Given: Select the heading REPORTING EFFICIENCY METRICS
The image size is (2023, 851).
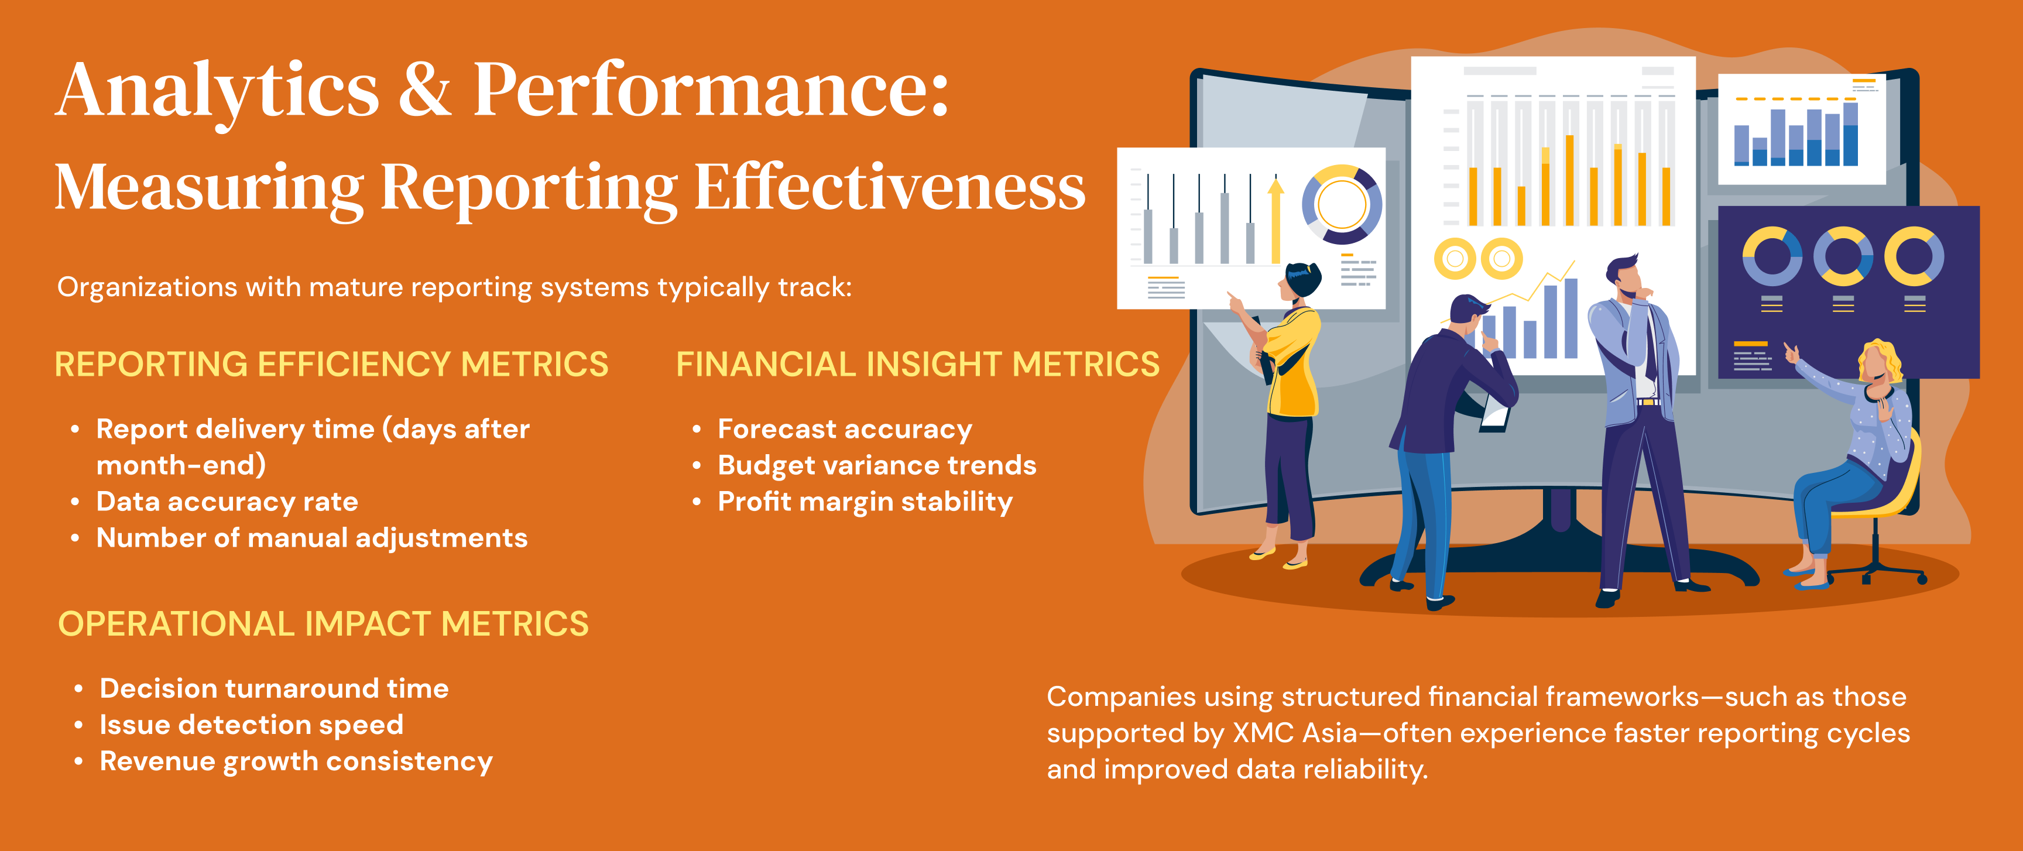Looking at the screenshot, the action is (331, 364).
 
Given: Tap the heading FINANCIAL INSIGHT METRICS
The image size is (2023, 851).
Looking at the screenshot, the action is (918, 364).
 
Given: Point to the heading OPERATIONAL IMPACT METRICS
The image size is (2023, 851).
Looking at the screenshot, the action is (324, 624).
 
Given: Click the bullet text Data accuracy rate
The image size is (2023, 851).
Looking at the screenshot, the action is (227, 502).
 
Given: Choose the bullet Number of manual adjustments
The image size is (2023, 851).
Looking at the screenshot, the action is (312, 538).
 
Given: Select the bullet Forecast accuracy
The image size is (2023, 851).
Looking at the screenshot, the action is (845, 430).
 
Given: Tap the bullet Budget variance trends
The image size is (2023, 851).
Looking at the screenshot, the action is (877, 465).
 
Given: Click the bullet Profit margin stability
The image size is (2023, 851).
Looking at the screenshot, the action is (865, 502).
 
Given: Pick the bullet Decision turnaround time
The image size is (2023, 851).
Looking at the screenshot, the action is (274, 688).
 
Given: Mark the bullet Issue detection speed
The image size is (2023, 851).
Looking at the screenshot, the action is (251, 725).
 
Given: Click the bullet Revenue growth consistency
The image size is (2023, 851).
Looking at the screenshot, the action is (296, 761).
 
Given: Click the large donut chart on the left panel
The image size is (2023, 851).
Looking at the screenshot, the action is (1342, 204).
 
